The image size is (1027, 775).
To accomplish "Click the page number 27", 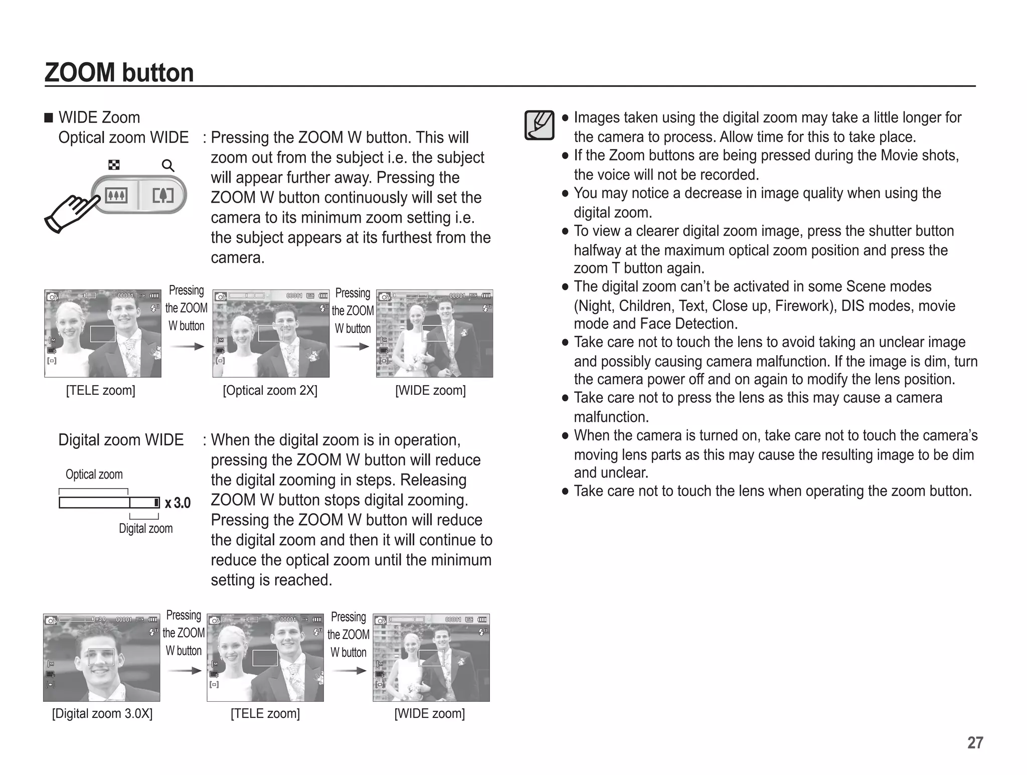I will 975,742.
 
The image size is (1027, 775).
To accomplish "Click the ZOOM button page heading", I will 119,73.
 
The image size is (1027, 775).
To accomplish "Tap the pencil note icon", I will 539,125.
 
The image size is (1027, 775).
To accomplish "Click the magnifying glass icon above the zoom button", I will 168,166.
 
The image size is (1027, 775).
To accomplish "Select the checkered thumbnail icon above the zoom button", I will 114,165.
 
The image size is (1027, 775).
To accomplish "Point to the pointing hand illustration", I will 72,213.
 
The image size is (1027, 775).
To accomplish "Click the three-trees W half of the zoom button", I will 116,195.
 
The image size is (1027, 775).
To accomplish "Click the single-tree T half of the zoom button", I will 162,195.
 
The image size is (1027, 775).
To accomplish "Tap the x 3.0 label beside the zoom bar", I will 178,503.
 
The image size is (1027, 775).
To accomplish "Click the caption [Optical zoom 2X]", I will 270,390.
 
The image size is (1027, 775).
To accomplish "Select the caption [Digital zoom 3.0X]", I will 102,713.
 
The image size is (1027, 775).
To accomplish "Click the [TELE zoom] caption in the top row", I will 100,390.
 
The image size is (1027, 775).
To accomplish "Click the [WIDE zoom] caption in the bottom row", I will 429,713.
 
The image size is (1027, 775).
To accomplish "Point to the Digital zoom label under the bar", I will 145,528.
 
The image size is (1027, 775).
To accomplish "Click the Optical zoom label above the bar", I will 94,475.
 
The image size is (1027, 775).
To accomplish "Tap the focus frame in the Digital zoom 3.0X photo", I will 101,657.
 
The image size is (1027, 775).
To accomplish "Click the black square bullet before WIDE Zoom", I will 49,118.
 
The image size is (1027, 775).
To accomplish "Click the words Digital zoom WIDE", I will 121,440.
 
